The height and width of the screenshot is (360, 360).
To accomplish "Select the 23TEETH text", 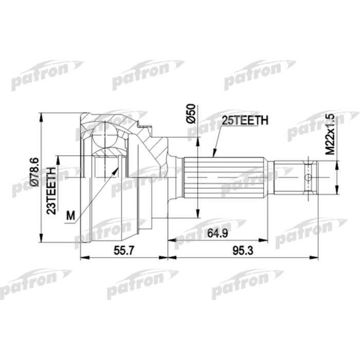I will [x=51, y=188].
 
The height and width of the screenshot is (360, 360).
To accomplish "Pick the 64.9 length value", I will [x=218, y=233].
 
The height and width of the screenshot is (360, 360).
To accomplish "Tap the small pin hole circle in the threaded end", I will [x=308, y=178].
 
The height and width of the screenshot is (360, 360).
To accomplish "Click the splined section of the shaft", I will [x=226, y=178].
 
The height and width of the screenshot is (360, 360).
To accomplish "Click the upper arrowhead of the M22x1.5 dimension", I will [x=337, y=164].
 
